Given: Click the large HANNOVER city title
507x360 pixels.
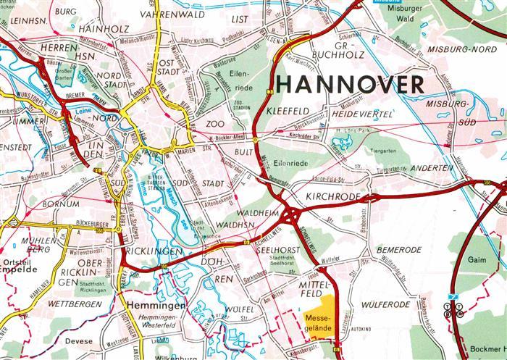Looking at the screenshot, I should (351, 84).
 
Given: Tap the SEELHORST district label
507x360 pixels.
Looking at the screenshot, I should (276, 250).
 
